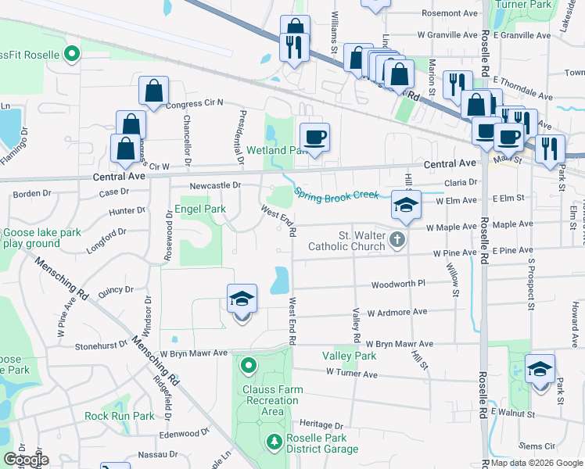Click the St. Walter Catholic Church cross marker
pos(398,239)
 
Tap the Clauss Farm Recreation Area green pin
pos(249,365)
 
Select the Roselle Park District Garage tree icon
pos(274,442)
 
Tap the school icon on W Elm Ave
pos(405,206)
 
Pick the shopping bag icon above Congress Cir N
pos(154,91)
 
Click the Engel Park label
pos(199,209)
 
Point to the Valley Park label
pos(349,356)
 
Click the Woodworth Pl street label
pos(398,285)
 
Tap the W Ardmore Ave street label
pos(399,312)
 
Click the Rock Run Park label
pos(120,416)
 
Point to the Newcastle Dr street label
pos(214,185)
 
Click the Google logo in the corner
pos(25,460)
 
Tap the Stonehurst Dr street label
pos(101,344)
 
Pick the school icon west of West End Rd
pos(242,299)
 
